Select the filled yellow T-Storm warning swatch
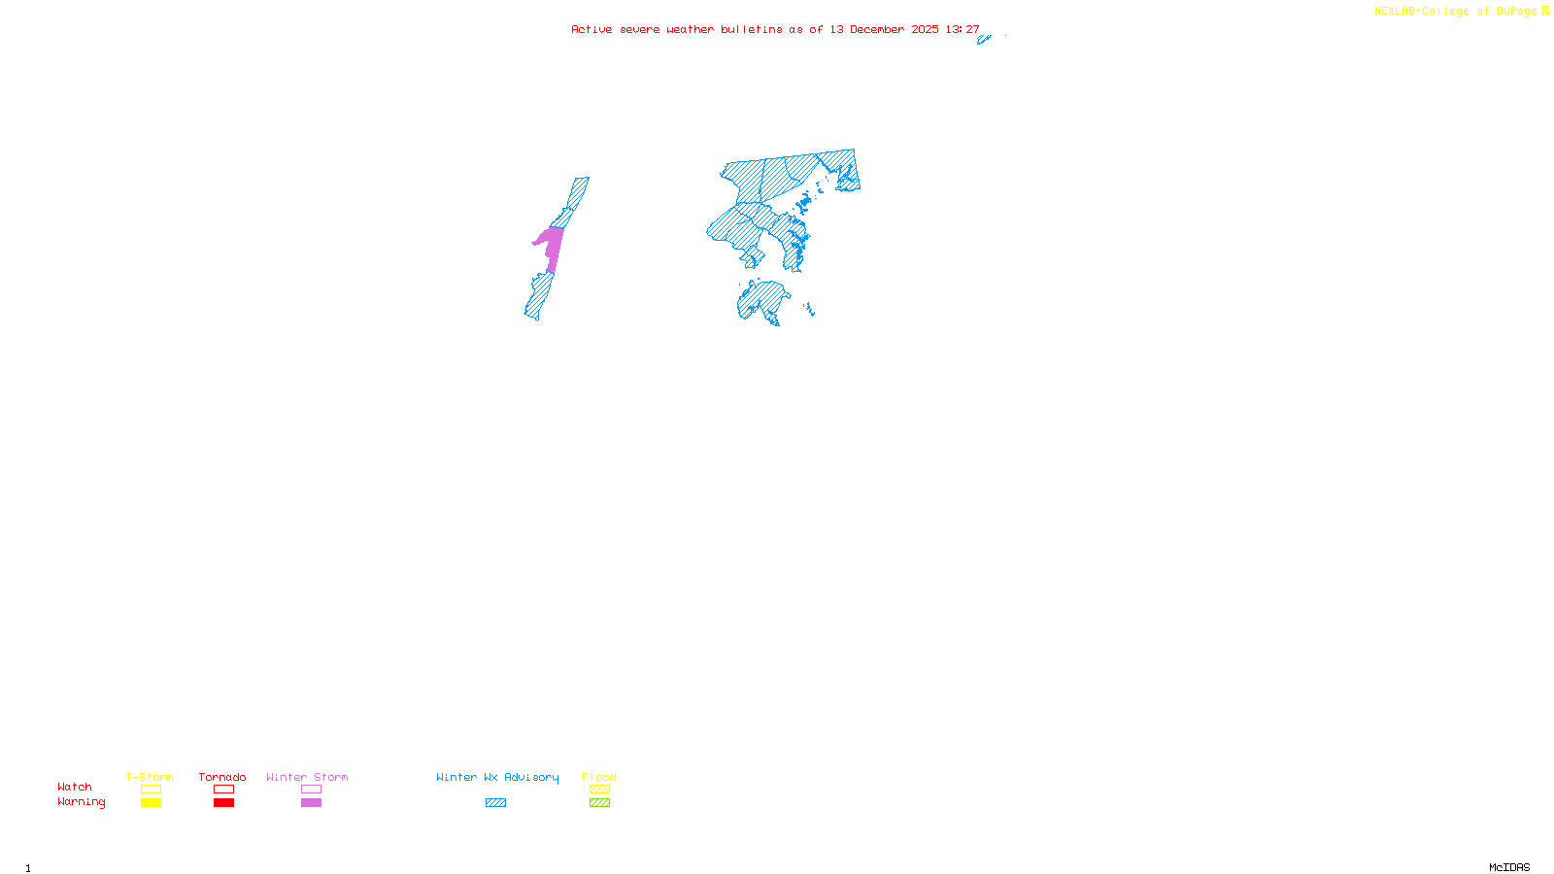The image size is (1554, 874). point(151,803)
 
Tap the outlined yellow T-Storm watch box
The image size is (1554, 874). point(151,790)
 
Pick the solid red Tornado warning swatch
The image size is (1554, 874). point(223,803)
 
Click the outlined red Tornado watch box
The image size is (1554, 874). point(223,790)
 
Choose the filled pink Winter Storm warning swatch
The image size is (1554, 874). point(311,803)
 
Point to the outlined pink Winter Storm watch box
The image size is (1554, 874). point(311,790)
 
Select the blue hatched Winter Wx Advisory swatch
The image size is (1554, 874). point(495,803)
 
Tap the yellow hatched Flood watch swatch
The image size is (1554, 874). point(599,790)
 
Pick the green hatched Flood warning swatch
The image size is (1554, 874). point(599,803)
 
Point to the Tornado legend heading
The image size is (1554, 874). point(222,777)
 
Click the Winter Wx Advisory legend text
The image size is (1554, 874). point(497,777)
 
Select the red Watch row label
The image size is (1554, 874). point(75,788)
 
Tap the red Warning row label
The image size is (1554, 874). point(81,802)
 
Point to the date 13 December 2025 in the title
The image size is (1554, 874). point(884,30)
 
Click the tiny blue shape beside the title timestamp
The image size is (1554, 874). point(984,40)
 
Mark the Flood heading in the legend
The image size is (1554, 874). point(599,777)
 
